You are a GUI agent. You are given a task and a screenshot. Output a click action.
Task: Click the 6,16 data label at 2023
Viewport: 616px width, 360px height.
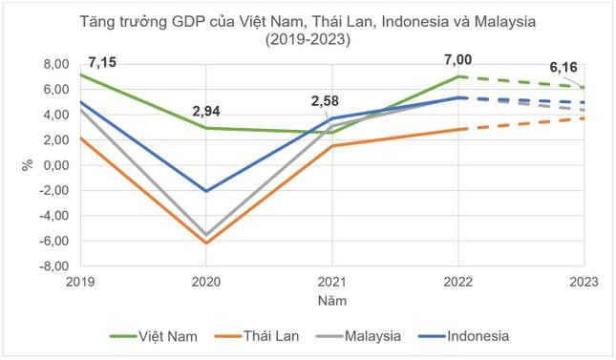[x=564, y=68]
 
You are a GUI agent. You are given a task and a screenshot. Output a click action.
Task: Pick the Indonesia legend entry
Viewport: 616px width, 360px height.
[x=461, y=336]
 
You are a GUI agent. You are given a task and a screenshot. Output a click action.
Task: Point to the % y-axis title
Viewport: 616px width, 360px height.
[x=28, y=164]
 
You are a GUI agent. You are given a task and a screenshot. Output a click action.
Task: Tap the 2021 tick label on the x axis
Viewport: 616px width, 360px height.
[x=331, y=283]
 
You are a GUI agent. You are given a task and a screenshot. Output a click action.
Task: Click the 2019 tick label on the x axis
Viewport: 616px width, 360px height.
[x=80, y=283]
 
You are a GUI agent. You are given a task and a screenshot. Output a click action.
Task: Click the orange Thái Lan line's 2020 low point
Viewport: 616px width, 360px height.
[x=205, y=244]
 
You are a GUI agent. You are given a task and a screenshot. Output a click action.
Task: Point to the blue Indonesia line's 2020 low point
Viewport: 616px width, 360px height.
[x=205, y=191]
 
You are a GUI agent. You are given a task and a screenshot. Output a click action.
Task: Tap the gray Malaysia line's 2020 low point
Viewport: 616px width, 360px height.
[x=205, y=235]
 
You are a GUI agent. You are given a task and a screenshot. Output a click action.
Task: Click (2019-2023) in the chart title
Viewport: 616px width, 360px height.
[x=307, y=40]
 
